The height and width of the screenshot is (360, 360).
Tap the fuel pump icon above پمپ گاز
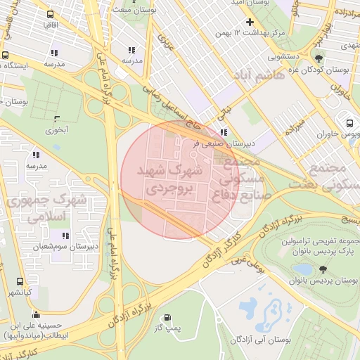(x=167, y=318)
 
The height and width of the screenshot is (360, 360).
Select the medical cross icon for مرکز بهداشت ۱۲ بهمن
(x=250, y=22)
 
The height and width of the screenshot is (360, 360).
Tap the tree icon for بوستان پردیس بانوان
(x=323, y=269)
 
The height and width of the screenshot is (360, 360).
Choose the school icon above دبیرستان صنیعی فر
(x=224, y=132)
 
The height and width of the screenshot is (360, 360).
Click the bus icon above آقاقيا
(x=50, y=13)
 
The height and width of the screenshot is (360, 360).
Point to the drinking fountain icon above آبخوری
(x=58, y=118)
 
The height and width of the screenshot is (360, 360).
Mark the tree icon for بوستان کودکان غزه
(x=319, y=59)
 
